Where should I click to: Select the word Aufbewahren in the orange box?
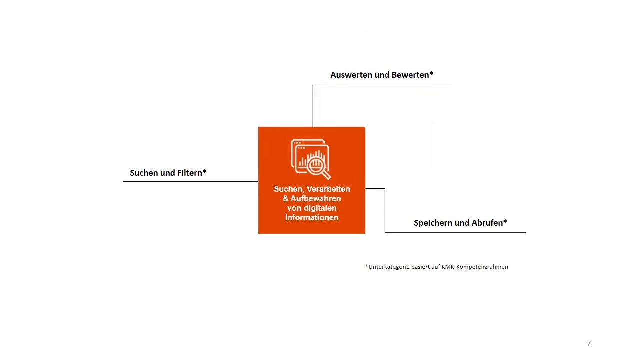pyautogui.click(x=316, y=198)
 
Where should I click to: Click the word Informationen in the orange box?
pyautogui.click(x=312, y=217)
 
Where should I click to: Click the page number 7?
pyautogui.click(x=589, y=343)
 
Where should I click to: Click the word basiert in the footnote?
pyautogui.click(x=420, y=267)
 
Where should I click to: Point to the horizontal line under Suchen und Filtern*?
pyautogui.click(x=190, y=181)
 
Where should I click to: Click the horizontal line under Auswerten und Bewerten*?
pyautogui.click(x=382, y=85)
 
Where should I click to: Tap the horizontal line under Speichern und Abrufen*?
pyautogui.click(x=455, y=232)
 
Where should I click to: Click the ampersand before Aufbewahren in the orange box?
pyautogui.click(x=286, y=198)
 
